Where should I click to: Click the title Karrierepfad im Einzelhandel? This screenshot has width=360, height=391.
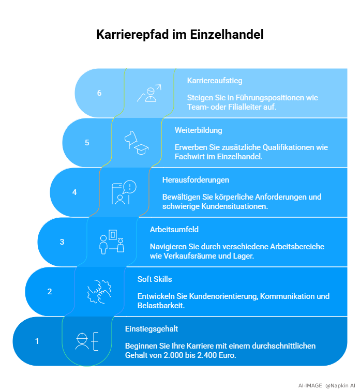[180, 35]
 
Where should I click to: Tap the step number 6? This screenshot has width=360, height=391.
[99, 93]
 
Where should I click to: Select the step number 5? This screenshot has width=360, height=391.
[87, 143]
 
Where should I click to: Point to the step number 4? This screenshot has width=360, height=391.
[74, 192]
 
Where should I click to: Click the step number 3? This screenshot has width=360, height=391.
[62, 242]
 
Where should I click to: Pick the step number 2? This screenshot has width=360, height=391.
[50, 292]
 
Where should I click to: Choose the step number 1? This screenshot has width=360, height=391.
[37, 341]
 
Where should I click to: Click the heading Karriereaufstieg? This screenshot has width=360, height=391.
[215, 81]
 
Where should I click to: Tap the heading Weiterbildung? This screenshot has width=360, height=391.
[199, 130]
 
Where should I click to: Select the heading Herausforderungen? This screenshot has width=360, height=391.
[196, 180]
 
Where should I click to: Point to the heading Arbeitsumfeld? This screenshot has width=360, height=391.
[174, 230]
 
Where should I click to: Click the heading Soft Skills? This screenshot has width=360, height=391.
[155, 279]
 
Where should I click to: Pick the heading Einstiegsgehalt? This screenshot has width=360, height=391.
[152, 329]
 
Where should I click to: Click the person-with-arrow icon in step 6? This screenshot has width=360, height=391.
[149, 93]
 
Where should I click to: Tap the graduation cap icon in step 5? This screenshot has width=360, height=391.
[141, 149]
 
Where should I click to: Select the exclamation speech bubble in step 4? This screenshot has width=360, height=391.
[130, 187]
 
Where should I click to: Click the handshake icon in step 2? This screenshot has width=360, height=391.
[99, 292]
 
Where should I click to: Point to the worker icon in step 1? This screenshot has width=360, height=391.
[82, 341]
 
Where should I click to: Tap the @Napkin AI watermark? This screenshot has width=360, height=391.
[340, 385]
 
